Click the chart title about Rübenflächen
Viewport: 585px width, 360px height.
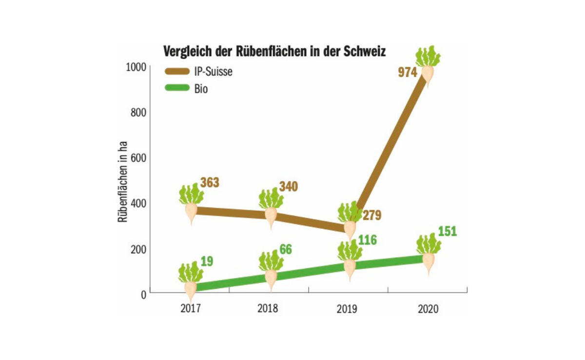click(x=274, y=52)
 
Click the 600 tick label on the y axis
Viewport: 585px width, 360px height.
click(x=139, y=158)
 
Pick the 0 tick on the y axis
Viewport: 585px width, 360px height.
click(x=144, y=294)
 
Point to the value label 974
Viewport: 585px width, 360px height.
click(x=408, y=73)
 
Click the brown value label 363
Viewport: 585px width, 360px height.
click(x=210, y=183)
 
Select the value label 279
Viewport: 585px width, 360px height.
click(x=371, y=215)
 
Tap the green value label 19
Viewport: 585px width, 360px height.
click(x=207, y=261)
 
